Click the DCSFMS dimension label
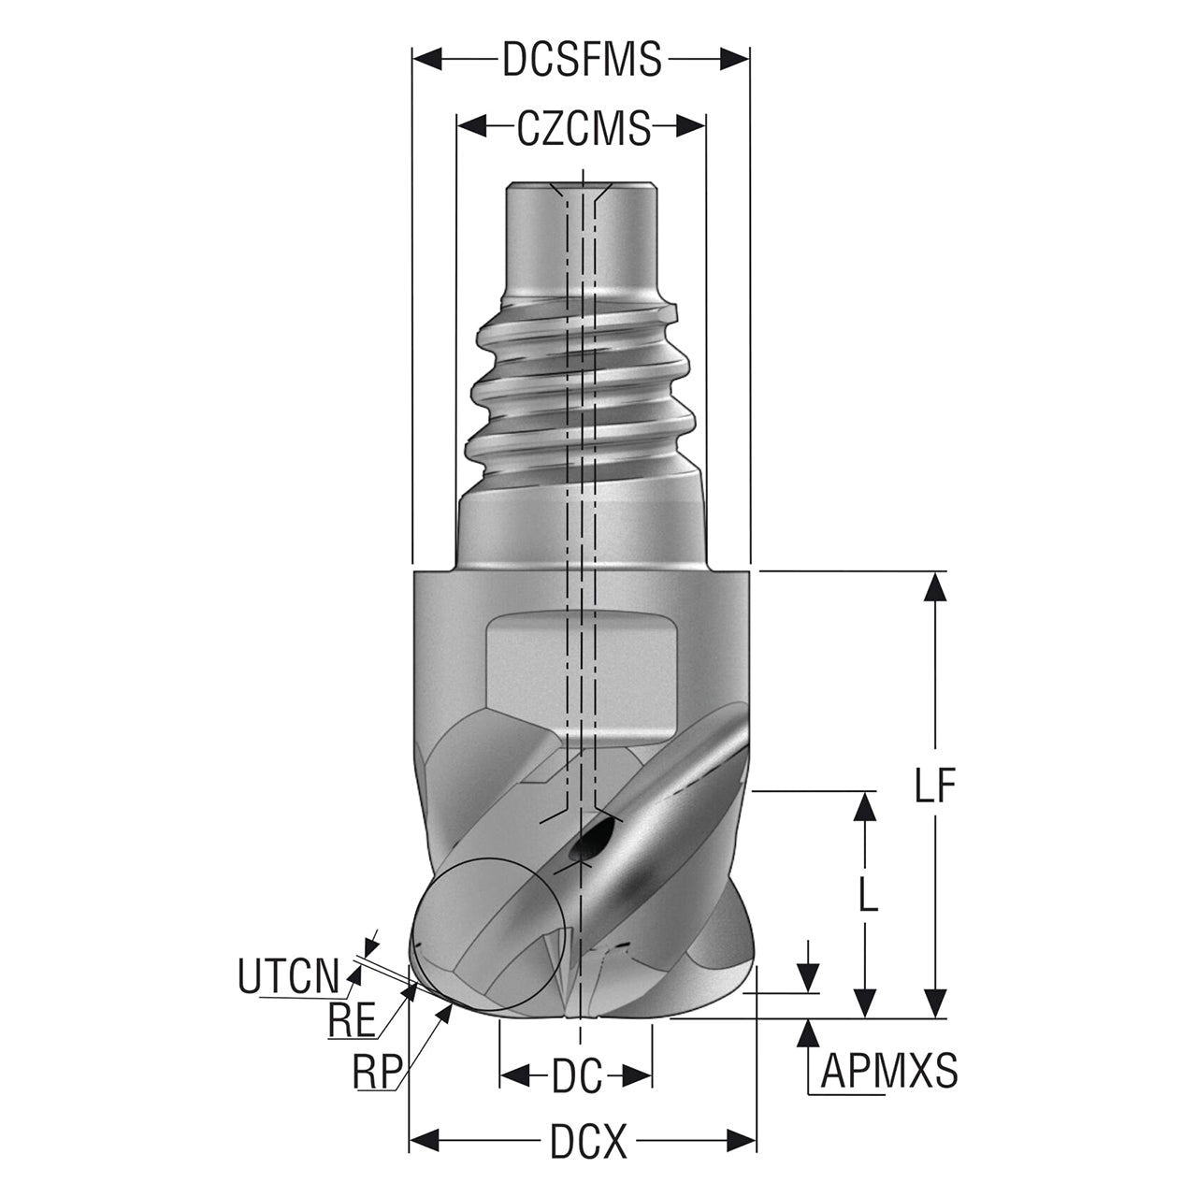pyautogui.click(x=582, y=60)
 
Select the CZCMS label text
pyautogui.click(x=584, y=128)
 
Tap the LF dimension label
pyautogui.click(x=934, y=786)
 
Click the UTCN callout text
pyautogui.click(x=289, y=976)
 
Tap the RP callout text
pyautogui.click(x=375, y=1070)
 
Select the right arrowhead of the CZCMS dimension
pyautogui.click(x=691, y=127)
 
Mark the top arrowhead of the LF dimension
pyautogui.click(x=935, y=586)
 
